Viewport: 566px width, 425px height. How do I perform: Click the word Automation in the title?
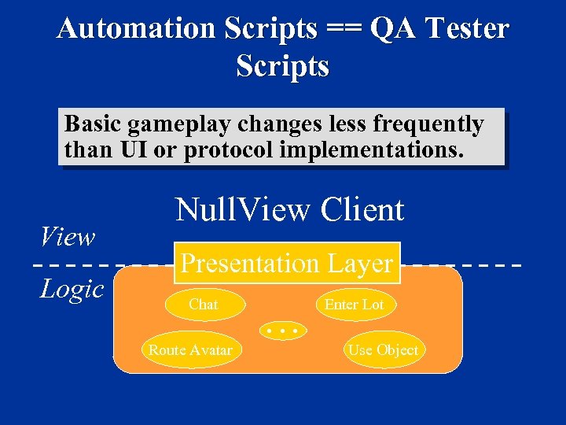(135, 29)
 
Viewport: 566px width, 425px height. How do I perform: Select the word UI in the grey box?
(129, 149)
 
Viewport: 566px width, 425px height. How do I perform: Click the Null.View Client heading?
(289, 210)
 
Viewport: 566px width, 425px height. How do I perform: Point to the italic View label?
(68, 236)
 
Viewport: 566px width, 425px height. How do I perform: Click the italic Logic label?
(72, 289)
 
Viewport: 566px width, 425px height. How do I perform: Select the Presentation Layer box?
(288, 264)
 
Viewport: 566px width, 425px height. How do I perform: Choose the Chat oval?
(204, 305)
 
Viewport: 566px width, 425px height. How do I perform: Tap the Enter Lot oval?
(355, 305)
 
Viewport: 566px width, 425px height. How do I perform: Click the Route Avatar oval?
(190, 350)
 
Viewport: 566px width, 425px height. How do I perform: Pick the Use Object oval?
(384, 350)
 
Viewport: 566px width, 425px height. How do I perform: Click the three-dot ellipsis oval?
(282, 331)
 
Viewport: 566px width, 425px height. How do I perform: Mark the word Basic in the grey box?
(93, 124)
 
